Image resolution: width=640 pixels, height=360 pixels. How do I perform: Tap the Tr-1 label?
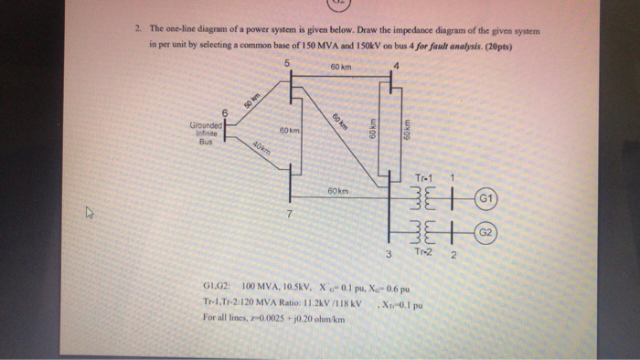[x=422, y=177]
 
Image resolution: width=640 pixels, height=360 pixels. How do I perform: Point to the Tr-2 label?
[x=422, y=252]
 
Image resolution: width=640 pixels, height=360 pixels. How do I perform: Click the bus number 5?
[x=287, y=62]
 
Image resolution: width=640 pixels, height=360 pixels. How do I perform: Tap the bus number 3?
[x=388, y=253]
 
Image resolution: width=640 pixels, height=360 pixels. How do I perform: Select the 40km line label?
[x=260, y=150]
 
